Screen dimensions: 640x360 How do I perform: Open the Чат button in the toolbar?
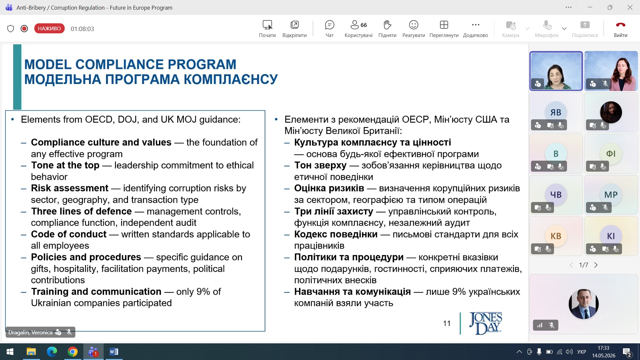pos(329,29)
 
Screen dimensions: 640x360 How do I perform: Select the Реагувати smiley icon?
pos(413,25)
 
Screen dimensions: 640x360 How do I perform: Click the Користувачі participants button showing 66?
pos(358,29)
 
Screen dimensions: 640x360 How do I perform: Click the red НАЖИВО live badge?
pos(49,29)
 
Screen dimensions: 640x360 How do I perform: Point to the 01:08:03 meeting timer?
pos(82,29)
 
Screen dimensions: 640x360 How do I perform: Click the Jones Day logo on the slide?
pos(486,323)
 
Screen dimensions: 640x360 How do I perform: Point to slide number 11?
pos(447,323)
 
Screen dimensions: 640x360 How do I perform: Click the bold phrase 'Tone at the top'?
pos(65,165)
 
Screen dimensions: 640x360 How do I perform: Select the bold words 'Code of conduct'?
pos(69,234)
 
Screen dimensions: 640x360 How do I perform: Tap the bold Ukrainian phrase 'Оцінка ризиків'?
pos(329,188)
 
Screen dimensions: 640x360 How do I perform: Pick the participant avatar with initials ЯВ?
pos(556,112)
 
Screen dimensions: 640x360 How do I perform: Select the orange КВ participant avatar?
pos(556,236)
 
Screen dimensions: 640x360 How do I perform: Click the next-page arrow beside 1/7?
pos(596,265)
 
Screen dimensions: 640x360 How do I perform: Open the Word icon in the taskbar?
pos(114,352)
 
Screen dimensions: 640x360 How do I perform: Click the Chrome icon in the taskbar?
pos(72,352)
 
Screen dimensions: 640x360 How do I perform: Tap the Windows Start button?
pos(10,352)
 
